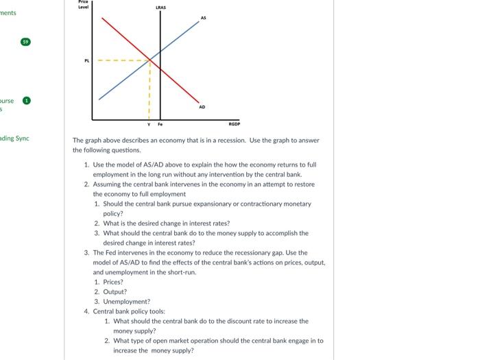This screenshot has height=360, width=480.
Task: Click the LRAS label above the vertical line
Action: tap(160, 7)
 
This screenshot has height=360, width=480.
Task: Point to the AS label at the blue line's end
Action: tap(203, 17)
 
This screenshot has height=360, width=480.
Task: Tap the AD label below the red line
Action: tap(202, 106)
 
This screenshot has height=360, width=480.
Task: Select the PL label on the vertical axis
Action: tap(86, 60)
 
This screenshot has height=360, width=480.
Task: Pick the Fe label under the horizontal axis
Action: tap(160, 125)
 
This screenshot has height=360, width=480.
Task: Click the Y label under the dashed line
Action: tap(149, 125)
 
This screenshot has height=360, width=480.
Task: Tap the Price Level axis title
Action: tap(86, 3)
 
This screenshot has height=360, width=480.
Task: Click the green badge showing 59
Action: tap(26, 42)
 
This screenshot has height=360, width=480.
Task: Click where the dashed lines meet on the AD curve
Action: tap(149, 60)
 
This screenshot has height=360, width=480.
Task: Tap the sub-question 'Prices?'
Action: tap(113, 282)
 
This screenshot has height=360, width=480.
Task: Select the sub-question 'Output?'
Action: tap(115, 291)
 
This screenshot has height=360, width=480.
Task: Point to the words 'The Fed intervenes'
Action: tap(118, 252)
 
